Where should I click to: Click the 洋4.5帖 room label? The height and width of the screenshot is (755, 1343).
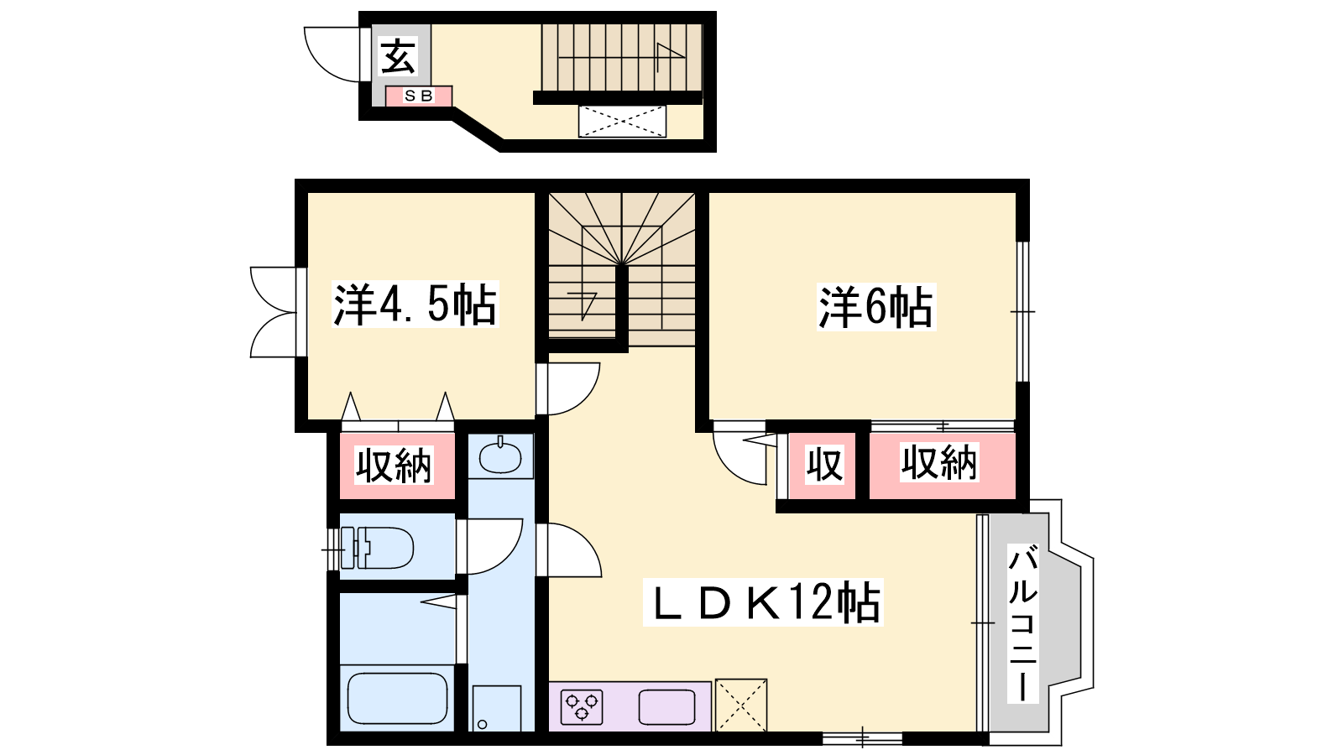point(415,305)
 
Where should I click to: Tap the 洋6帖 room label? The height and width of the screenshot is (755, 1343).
point(876,307)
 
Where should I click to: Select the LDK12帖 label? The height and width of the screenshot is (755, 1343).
point(763,602)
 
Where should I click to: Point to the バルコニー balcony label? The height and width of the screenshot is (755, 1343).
point(1023,623)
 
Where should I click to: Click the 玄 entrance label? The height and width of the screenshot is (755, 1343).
point(398,56)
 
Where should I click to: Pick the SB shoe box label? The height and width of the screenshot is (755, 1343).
point(419,96)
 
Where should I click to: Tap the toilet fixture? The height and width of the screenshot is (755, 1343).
point(377,548)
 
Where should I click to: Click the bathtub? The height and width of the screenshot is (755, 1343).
point(398,698)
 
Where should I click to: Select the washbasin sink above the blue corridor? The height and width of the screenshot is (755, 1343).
point(500,456)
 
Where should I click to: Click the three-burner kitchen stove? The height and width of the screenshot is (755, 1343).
point(582,707)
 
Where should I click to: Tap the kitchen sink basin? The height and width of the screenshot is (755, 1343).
point(666,708)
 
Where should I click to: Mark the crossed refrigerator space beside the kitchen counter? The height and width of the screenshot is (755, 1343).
point(741,706)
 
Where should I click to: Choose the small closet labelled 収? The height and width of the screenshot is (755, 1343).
point(823,465)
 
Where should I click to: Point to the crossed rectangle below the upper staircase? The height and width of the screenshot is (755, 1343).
point(622,122)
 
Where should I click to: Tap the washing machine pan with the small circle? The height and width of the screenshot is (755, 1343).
point(496,708)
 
